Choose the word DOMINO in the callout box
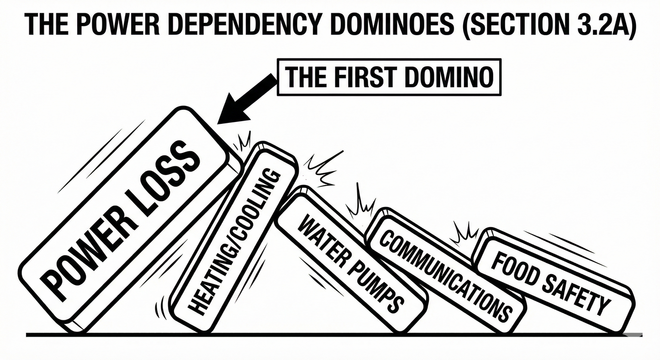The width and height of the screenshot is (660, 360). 449,77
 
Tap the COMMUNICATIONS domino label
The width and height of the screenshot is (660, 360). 445,276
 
